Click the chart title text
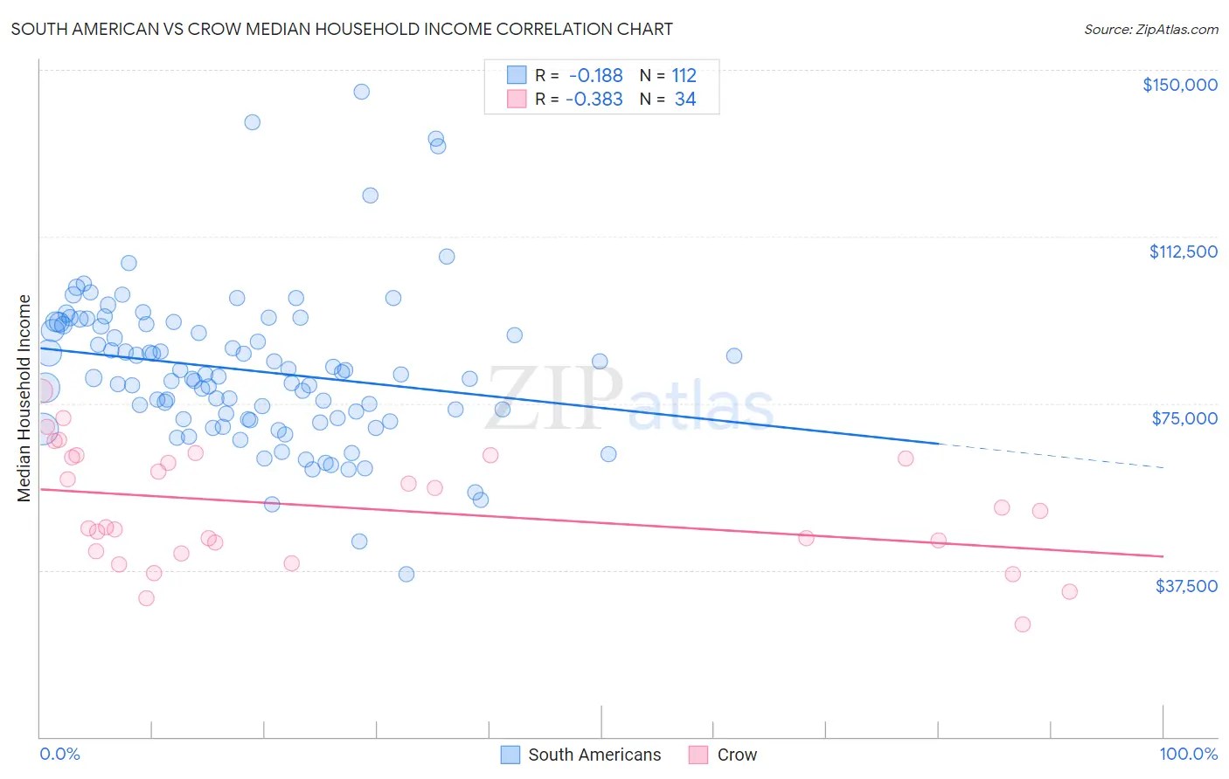(342, 29)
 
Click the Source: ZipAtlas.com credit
(1150, 29)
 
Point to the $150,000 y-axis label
(1179, 85)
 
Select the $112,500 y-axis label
(1182, 252)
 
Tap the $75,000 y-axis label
(1184, 418)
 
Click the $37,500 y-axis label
(1185, 586)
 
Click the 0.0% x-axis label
(59, 755)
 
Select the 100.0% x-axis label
(1188, 755)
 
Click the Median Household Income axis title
(24, 398)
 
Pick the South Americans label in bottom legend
(594, 755)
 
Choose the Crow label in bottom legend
(737, 755)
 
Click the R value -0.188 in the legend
(594, 76)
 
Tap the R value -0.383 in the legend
(594, 100)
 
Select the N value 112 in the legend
(684, 76)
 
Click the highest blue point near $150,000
(361, 92)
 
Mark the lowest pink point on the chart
(1022, 624)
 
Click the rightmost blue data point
(734, 355)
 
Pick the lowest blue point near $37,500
(406, 574)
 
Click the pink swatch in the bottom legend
(698, 755)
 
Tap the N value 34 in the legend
(685, 100)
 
